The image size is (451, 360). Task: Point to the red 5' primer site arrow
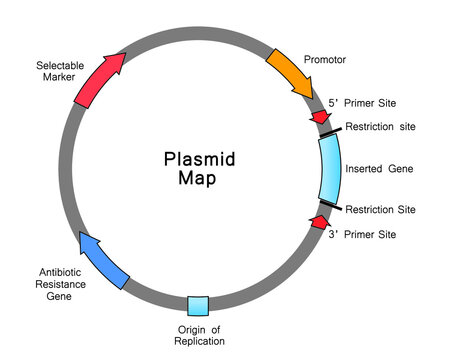pos(319,117)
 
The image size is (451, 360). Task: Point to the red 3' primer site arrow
pos(319,221)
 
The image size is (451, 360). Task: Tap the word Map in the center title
pos(198,179)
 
